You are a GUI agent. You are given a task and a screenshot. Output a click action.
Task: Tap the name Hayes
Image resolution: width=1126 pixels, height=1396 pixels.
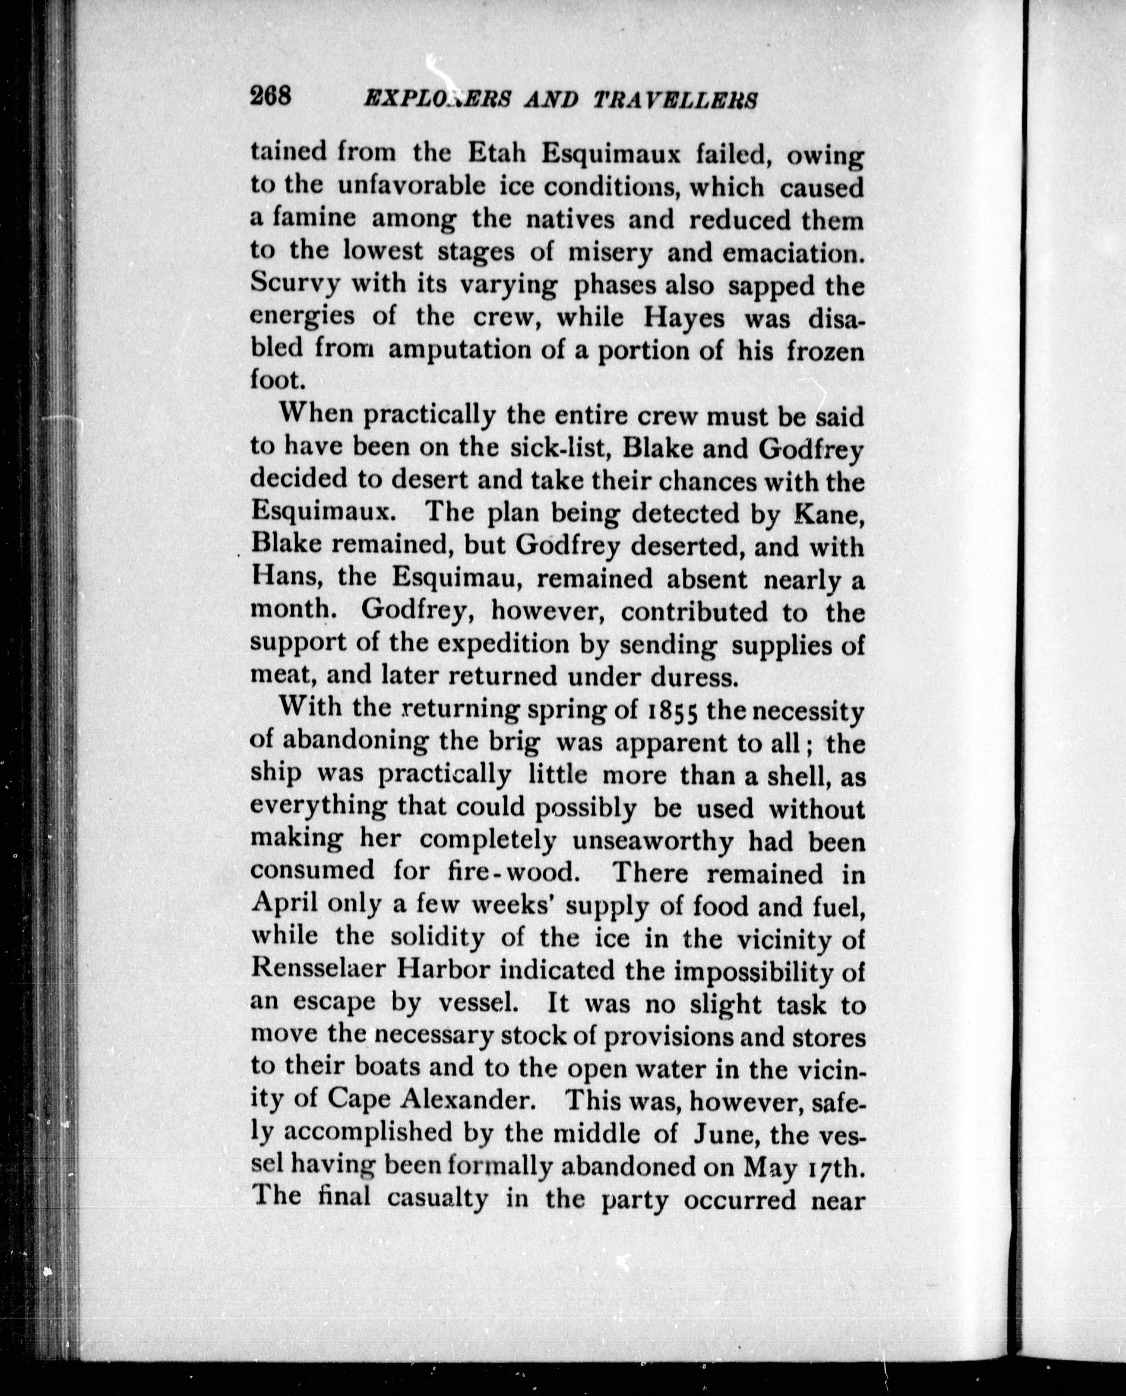(664, 317)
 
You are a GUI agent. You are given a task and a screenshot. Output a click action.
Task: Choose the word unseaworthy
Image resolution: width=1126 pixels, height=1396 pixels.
(654, 842)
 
